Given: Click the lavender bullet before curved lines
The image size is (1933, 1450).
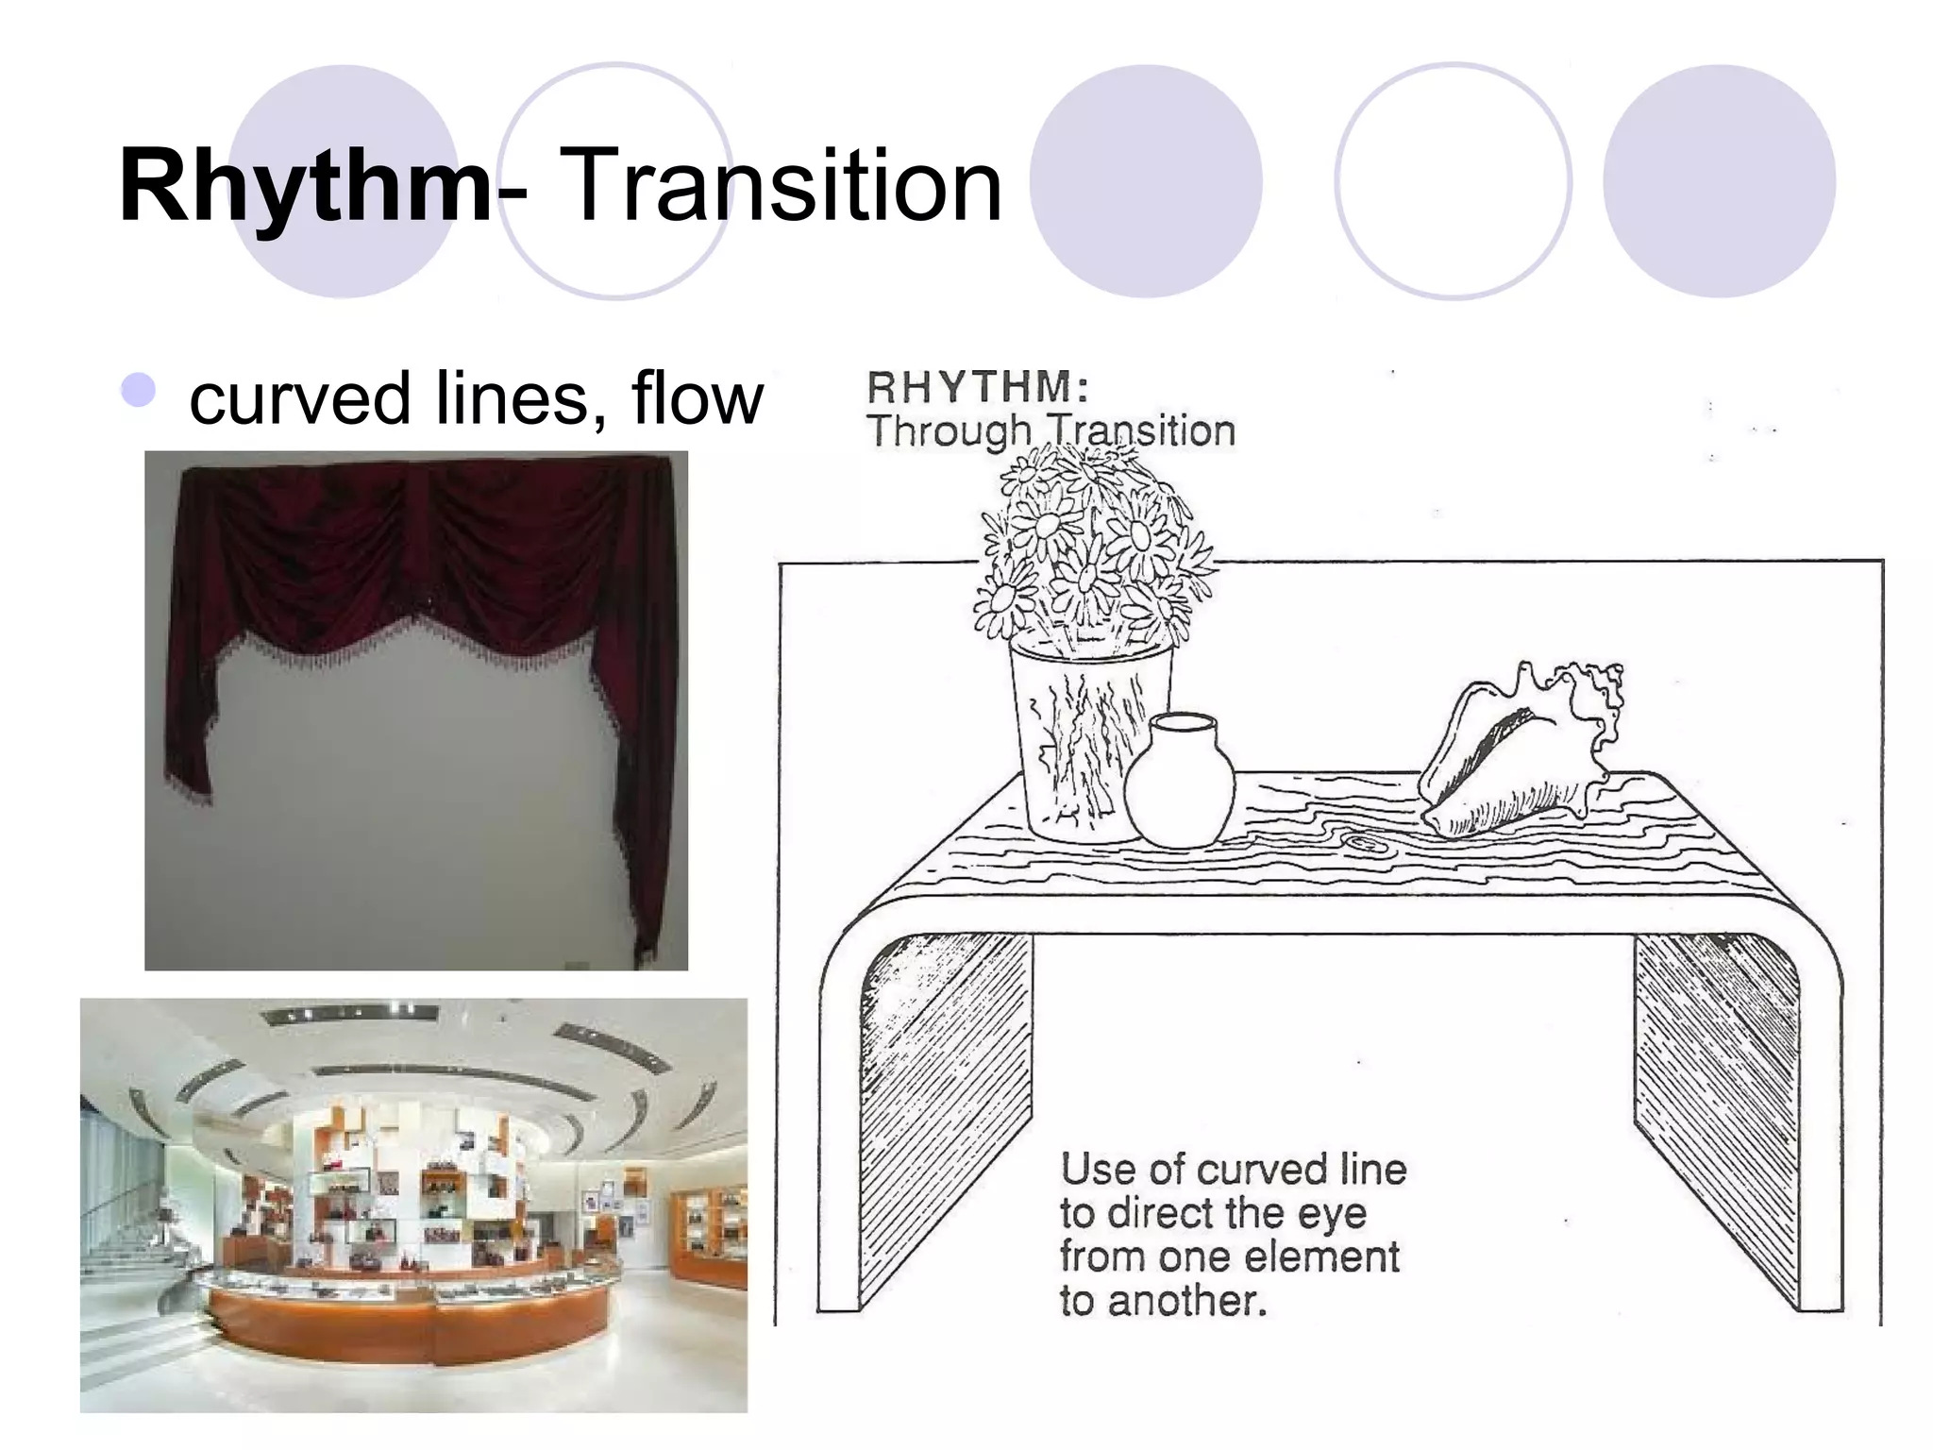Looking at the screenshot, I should [139, 390].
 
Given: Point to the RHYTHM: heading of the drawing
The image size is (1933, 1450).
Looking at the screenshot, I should [979, 387].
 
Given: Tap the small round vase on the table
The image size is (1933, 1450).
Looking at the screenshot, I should [1179, 783].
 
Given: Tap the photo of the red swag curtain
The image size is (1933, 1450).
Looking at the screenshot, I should [416, 710].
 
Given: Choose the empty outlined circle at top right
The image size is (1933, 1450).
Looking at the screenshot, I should [1453, 181].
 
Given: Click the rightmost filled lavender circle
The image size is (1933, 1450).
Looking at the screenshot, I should [1719, 181].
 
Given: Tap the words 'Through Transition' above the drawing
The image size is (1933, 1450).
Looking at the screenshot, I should [1051, 431].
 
